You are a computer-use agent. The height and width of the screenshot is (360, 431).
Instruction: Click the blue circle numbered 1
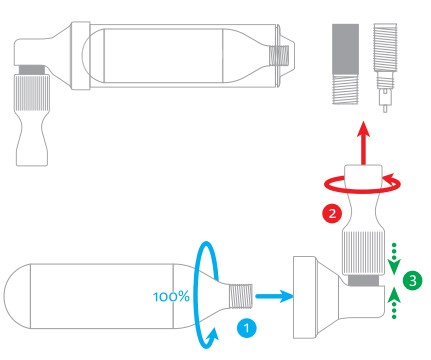[246, 328]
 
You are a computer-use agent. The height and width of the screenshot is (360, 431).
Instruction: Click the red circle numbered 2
[332, 213]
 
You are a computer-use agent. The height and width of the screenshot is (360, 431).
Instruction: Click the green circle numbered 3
[412, 280]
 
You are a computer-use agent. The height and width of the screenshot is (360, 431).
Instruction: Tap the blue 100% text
[171, 297]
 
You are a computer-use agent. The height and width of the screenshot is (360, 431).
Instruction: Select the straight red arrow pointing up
[363, 143]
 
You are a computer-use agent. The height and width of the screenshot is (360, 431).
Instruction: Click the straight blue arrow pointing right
[274, 296]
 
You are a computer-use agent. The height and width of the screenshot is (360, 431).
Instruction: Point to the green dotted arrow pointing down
[394, 258]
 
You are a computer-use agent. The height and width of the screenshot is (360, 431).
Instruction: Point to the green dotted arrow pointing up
[394, 303]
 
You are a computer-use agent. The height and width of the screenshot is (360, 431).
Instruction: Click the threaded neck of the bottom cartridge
[241, 296]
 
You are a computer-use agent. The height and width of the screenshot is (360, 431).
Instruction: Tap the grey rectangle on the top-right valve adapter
[345, 49]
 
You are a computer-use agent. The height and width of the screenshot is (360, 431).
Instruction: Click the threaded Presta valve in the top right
[385, 67]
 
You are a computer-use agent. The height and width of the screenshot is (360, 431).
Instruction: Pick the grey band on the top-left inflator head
[32, 70]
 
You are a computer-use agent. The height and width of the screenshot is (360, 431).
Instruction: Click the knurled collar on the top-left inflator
[31, 93]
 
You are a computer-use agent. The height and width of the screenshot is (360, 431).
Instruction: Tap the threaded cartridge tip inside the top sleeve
[279, 55]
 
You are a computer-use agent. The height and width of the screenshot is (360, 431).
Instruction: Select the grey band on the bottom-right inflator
[363, 280]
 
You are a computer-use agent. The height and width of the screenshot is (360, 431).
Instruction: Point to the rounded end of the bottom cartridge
[17, 296]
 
